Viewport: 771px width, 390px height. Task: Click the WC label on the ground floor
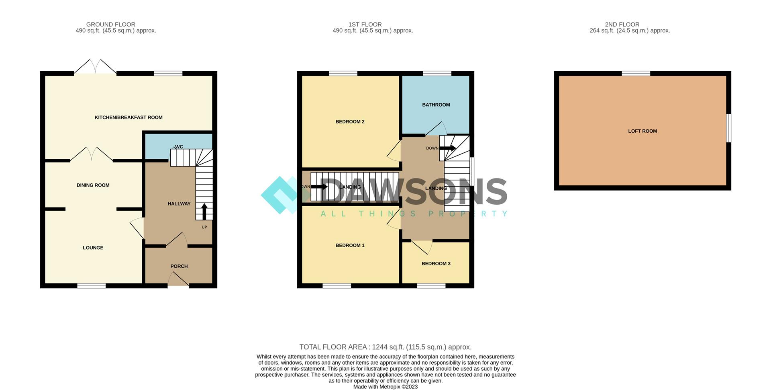(x=179, y=147)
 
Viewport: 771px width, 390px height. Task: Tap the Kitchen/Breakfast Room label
(x=128, y=117)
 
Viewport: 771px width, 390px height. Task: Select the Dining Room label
(x=93, y=185)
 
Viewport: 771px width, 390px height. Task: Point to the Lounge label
(x=93, y=248)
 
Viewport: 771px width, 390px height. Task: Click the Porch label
(x=179, y=266)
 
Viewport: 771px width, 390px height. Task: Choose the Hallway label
(x=179, y=204)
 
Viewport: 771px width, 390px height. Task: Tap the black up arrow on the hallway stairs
(x=204, y=211)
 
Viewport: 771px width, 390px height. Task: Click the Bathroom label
(x=436, y=105)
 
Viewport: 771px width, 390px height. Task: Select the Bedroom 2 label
(x=350, y=122)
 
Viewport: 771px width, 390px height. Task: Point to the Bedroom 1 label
(x=350, y=245)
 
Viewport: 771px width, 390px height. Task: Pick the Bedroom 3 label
(x=436, y=264)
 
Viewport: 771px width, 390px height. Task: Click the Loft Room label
(x=642, y=131)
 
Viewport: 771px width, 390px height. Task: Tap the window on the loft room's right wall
(x=728, y=128)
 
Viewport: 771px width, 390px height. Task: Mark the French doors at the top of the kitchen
(x=95, y=68)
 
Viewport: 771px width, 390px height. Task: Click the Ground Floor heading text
(x=110, y=25)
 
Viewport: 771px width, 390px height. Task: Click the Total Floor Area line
(x=385, y=347)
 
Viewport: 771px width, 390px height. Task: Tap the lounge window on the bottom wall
(x=92, y=286)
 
